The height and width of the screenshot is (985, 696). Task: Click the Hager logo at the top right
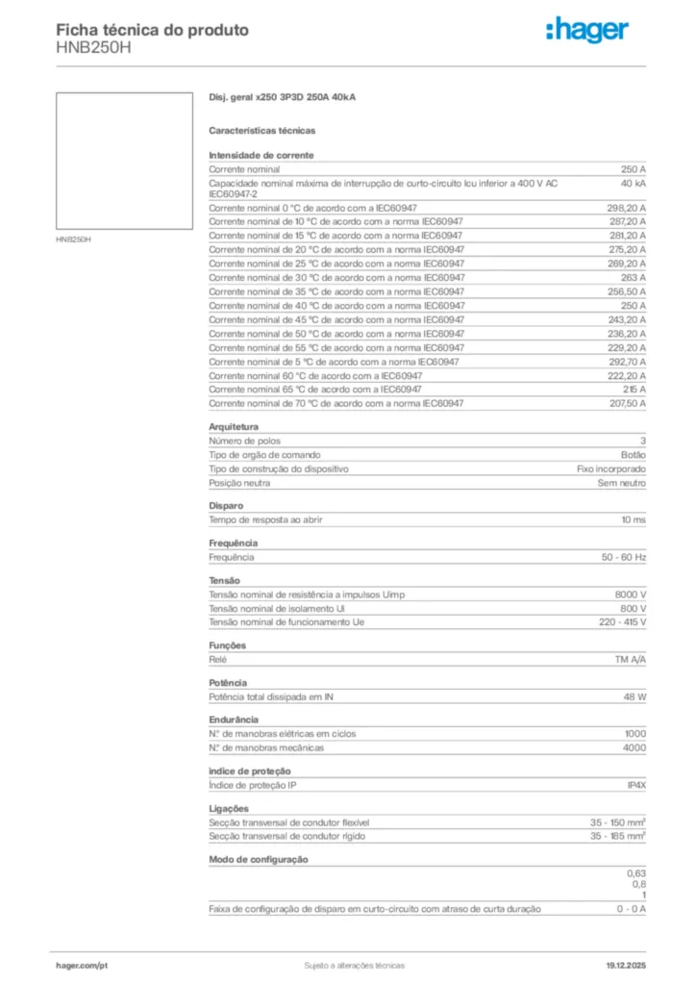coord(587,31)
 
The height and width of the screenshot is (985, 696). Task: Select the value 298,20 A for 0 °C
coord(626,208)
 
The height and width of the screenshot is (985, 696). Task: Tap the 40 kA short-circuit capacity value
coord(633,183)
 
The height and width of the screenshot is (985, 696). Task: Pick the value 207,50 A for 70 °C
coord(626,404)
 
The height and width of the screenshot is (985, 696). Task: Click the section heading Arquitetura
coord(233,426)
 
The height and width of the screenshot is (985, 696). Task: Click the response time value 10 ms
coord(633,519)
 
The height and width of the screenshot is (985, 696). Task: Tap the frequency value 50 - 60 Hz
coord(624,557)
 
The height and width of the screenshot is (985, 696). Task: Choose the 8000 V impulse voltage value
coord(630,594)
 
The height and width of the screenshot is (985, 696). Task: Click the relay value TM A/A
coord(630,661)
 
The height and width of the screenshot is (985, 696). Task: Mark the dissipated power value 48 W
coord(634,696)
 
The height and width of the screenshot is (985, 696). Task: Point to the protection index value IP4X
coord(635,786)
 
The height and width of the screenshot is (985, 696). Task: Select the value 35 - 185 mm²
coord(617,837)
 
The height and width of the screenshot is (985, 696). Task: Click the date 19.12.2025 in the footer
coord(625,965)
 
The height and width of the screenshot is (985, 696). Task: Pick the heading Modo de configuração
coord(258,859)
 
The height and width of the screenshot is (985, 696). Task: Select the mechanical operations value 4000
coord(634,747)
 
